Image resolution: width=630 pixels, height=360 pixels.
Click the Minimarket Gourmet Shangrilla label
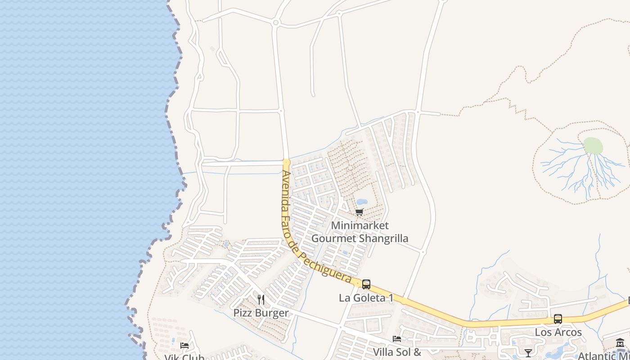[360, 232]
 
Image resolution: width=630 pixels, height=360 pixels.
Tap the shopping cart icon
[359, 212]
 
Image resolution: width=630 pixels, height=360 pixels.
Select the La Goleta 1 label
[366, 298]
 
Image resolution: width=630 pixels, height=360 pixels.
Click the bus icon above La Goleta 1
[366, 284]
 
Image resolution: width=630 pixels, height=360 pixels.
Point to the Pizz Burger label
[261, 313]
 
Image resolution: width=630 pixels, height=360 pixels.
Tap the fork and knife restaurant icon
[261, 299]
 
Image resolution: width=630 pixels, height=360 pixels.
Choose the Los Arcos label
[558, 333]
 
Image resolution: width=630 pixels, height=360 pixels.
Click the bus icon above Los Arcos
[558, 319]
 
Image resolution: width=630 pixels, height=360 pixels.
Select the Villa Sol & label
[397, 352]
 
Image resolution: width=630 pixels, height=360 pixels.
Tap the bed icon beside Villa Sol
[397, 339]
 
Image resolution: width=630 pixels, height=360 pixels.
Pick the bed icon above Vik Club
[184, 346]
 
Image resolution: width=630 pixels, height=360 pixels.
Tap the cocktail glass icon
[528, 353]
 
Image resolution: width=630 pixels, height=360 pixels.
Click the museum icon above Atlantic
[620, 343]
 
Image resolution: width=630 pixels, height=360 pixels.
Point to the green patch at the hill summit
[593, 146]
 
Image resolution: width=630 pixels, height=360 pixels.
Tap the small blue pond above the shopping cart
[362, 202]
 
